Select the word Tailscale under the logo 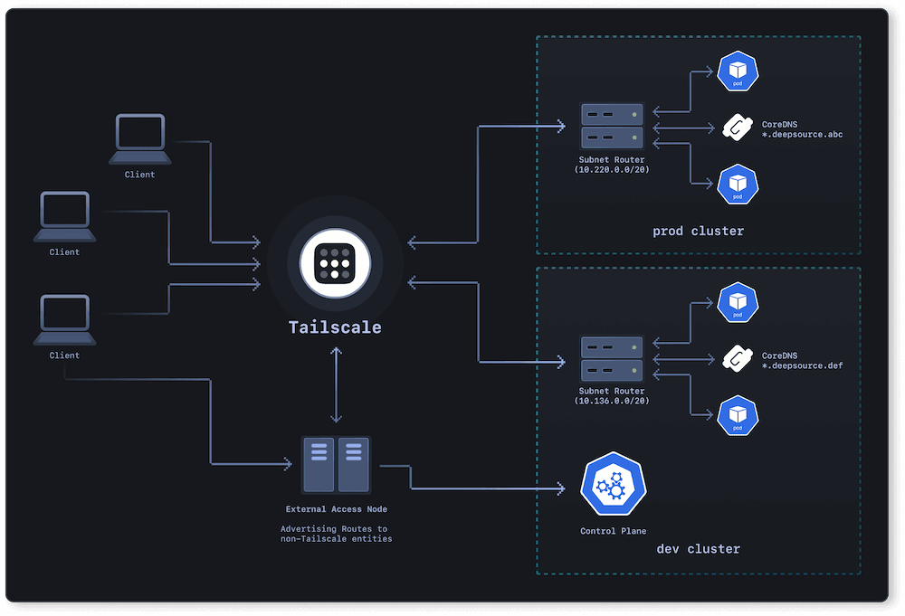(335, 327)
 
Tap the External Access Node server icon (336, 464)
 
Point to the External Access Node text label (336, 509)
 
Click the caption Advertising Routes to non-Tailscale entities (336, 534)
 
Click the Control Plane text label (613, 531)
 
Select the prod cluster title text (698, 231)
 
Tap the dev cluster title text (698, 549)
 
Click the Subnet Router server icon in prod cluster (612, 126)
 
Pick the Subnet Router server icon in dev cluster (612, 359)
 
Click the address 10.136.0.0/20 (612, 400)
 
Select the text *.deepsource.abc (802, 134)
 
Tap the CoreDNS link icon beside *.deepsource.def (737, 360)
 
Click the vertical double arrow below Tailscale (336, 384)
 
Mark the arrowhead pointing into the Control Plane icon (572, 489)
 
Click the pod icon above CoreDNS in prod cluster (737, 71)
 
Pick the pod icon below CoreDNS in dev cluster (737, 415)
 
